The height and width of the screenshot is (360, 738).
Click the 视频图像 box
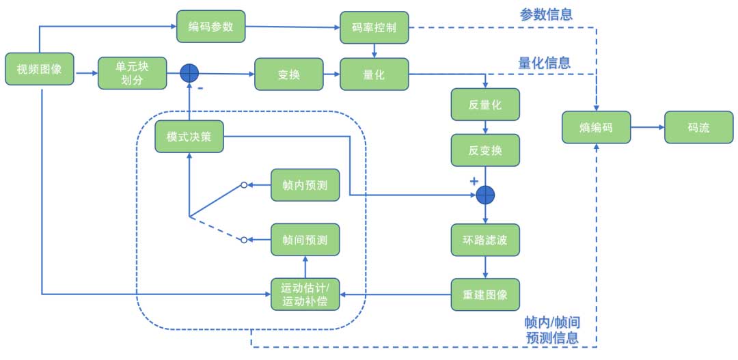[x=40, y=68]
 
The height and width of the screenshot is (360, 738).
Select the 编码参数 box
[x=211, y=27]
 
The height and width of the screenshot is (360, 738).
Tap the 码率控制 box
[x=374, y=27]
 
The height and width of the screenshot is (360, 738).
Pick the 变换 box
[x=289, y=74]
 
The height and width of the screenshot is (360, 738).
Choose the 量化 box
[x=374, y=74]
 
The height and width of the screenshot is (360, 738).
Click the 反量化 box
[x=485, y=105]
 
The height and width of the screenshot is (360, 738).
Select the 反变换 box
[x=485, y=150]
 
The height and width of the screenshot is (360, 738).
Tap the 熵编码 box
[x=597, y=127]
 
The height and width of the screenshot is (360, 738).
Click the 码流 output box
[x=698, y=127]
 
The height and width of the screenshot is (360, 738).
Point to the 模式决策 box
[x=189, y=137]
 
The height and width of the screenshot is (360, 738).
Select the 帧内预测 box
[x=305, y=185]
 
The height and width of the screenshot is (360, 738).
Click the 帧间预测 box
[x=305, y=240]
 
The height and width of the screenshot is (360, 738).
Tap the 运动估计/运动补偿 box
[x=305, y=294]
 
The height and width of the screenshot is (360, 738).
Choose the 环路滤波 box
[x=485, y=240]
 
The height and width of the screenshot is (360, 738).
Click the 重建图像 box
[x=485, y=294]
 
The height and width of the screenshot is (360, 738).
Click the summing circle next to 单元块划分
[x=189, y=73]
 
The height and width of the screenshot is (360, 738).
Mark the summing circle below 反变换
[x=485, y=195]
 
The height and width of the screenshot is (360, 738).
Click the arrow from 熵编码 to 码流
[x=647, y=127]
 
